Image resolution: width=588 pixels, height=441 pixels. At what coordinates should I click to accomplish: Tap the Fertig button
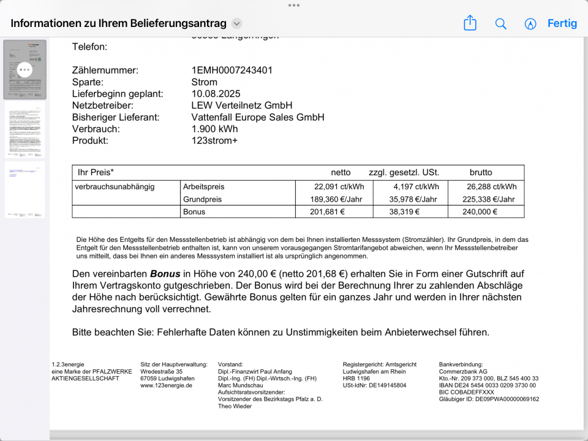click(x=562, y=23)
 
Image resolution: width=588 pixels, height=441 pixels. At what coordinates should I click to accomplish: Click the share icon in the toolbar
click(x=470, y=23)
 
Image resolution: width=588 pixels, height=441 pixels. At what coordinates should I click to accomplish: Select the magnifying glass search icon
click(x=500, y=24)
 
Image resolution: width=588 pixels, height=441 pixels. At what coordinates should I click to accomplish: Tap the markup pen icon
click(x=530, y=24)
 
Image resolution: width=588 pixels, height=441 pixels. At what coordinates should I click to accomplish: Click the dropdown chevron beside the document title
click(x=237, y=24)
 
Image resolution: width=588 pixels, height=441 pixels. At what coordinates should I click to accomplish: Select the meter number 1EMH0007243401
click(x=232, y=70)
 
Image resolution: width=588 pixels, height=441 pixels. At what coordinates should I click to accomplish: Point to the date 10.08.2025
click(x=216, y=94)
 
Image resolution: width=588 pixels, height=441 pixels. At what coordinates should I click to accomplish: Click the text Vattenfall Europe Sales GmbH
click(x=258, y=117)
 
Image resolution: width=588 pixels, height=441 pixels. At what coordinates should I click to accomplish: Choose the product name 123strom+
click(x=214, y=140)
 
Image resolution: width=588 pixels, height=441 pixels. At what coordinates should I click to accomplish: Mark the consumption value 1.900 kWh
click(x=214, y=129)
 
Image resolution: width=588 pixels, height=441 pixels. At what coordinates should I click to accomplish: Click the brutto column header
click(x=481, y=172)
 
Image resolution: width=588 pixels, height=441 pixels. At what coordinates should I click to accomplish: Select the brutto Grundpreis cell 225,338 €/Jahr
click(x=486, y=199)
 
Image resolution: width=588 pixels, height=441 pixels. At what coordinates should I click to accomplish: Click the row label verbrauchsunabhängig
click(x=115, y=187)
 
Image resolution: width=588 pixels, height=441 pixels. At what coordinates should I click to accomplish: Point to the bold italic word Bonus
click(x=165, y=274)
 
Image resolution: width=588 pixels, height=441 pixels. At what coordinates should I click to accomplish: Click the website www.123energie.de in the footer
click(x=167, y=385)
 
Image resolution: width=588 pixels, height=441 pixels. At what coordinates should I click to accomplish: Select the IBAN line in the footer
click(x=488, y=385)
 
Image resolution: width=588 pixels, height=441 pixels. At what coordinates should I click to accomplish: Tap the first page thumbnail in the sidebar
click(x=24, y=70)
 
